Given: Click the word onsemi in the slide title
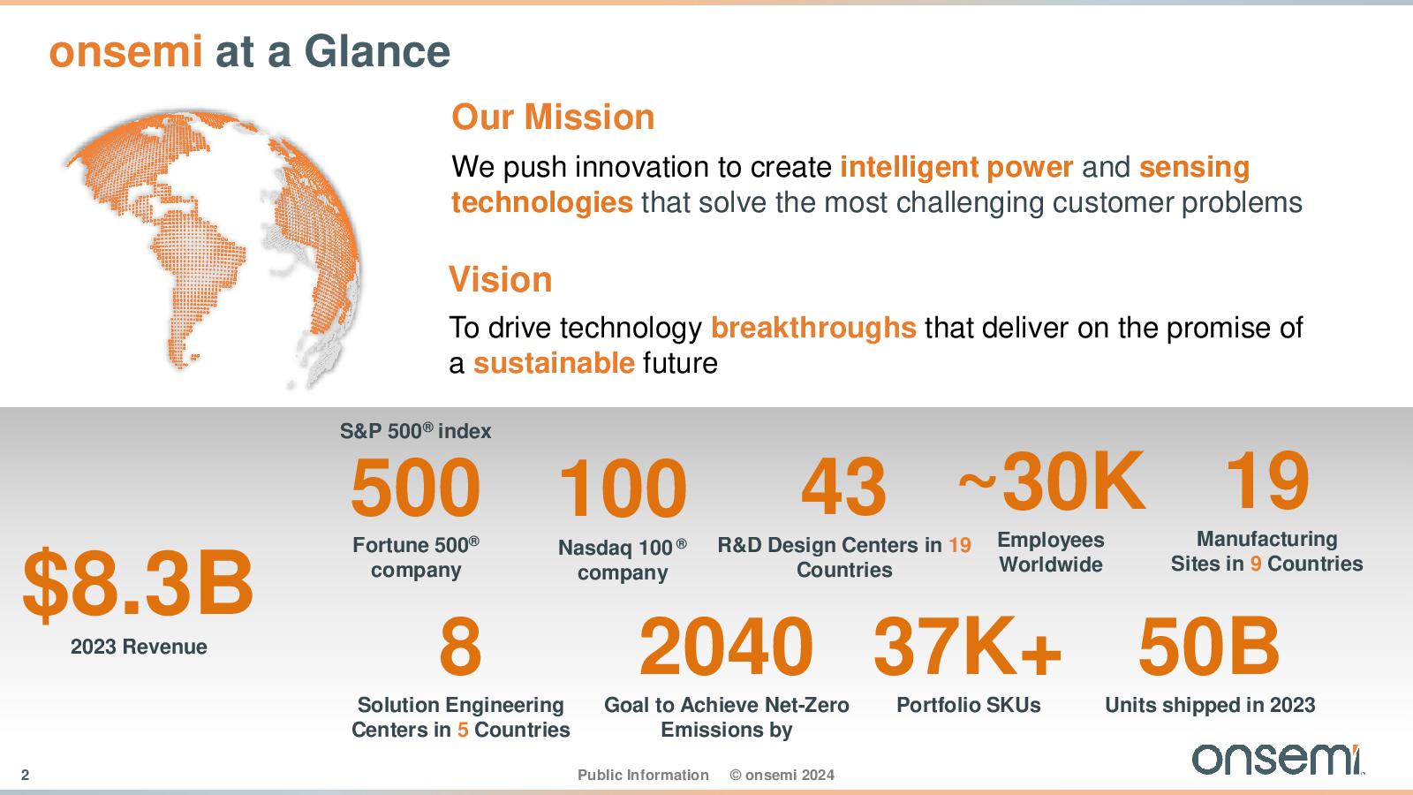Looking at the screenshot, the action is coord(125,52).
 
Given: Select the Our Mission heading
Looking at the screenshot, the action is coord(553,117).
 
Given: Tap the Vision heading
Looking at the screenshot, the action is coord(500,279).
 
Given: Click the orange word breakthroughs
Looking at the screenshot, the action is coord(813,328).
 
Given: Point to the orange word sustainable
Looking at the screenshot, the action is coord(554,363).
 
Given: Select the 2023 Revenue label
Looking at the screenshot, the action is coord(139,647).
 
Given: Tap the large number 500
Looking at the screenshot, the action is coord(416,488).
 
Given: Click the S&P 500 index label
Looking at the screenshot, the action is coord(415,431).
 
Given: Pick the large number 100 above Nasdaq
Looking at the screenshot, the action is coord(623,488).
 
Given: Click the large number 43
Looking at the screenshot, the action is coord(844,486).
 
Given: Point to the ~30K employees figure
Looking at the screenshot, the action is coord(1052,481).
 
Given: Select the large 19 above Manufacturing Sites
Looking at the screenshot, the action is coord(1266,481).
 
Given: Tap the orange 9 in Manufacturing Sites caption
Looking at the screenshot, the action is coord(1255,564).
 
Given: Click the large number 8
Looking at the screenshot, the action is coord(460,647).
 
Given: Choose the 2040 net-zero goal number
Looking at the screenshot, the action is coord(726,647).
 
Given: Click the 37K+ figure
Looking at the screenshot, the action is coord(968,647).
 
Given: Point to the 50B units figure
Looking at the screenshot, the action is coord(1209,647).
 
